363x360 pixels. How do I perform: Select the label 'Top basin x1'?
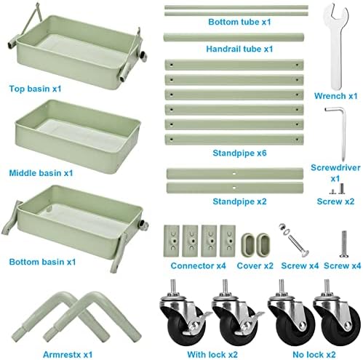35,89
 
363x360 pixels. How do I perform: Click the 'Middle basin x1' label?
41,173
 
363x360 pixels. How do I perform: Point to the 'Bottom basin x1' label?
42,262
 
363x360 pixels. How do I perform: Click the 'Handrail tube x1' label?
239,49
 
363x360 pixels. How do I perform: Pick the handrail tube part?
234,38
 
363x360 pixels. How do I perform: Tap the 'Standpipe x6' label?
239,153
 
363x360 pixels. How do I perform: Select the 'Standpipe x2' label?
239,201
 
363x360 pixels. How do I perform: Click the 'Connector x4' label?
198,265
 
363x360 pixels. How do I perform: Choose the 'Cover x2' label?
255,265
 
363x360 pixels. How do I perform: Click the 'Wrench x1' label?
336,96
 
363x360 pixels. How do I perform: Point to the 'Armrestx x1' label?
68,355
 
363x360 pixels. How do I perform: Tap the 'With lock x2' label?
212,355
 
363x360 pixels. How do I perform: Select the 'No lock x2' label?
314,355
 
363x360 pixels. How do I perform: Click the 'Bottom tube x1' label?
239,22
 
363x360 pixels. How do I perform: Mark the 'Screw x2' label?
335,201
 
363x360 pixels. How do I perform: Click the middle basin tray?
78,137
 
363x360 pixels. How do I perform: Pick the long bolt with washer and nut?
294,240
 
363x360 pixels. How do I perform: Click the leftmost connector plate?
172,241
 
